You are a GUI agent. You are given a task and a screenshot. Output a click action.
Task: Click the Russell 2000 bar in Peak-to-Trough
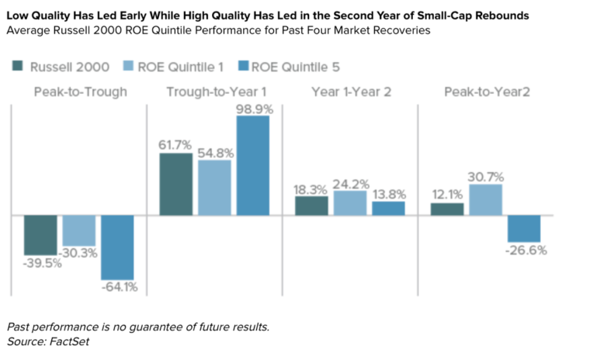point(40,234)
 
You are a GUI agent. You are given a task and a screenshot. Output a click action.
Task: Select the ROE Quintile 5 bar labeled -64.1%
point(117,247)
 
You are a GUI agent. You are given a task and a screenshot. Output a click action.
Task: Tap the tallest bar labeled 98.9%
point(253,165)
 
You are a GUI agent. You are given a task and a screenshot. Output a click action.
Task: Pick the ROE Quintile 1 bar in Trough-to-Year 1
point(214,187)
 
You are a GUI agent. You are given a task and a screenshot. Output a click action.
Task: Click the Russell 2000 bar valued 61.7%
point(176,184)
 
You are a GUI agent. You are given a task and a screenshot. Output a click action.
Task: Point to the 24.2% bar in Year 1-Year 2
point(350,202)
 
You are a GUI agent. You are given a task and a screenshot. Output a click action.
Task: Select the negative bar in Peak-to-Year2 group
point(524,228)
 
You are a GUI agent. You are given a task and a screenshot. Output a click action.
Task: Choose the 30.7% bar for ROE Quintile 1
point(486,199)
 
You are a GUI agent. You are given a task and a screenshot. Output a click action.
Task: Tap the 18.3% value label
point(312,189)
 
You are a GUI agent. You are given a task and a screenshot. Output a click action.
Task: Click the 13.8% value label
point(388,194)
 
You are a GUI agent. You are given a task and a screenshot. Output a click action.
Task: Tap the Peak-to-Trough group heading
point(80,92)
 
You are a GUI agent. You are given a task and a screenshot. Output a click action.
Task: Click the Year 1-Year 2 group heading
point(351,92)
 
